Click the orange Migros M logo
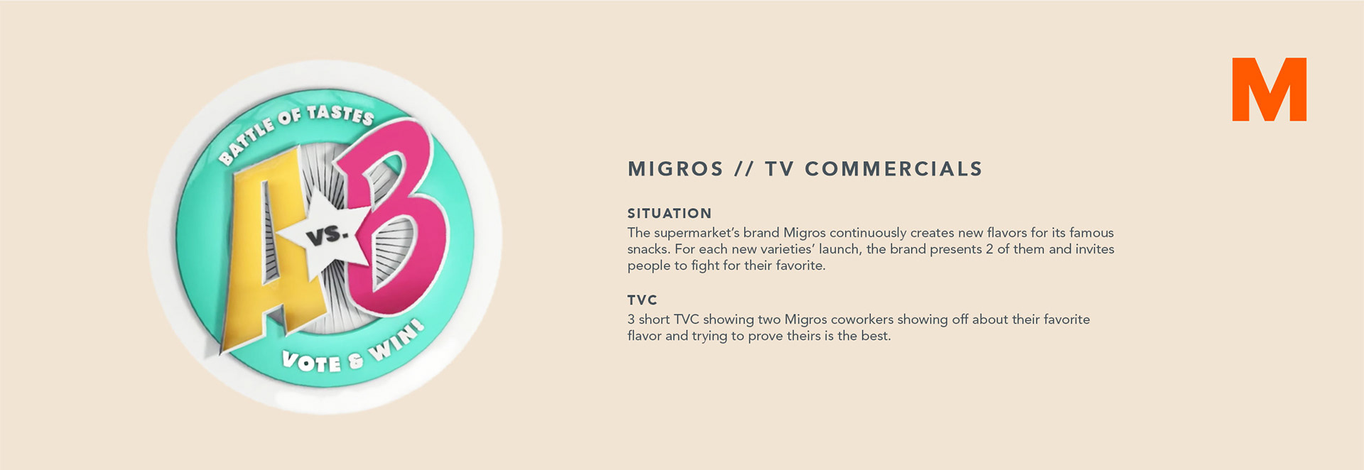(x=1269, y=89)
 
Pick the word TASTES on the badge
(x=340, y=114)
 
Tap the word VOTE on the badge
(x=311, y=361)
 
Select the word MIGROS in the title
(x=676, y=169)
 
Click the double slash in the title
(x=744, y=169)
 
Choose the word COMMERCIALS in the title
(x=894, y=169)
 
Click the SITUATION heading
(x=669, y=213)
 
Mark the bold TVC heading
(x=642, y=300)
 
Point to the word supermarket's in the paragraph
(x=697, y=233)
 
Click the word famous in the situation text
(x=1092, y=232)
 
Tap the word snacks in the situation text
(x=649, y=249)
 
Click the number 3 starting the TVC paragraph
(x=631, y=319)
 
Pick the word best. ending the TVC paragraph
(x=876, y=336)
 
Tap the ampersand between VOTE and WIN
(x=355, y=361)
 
